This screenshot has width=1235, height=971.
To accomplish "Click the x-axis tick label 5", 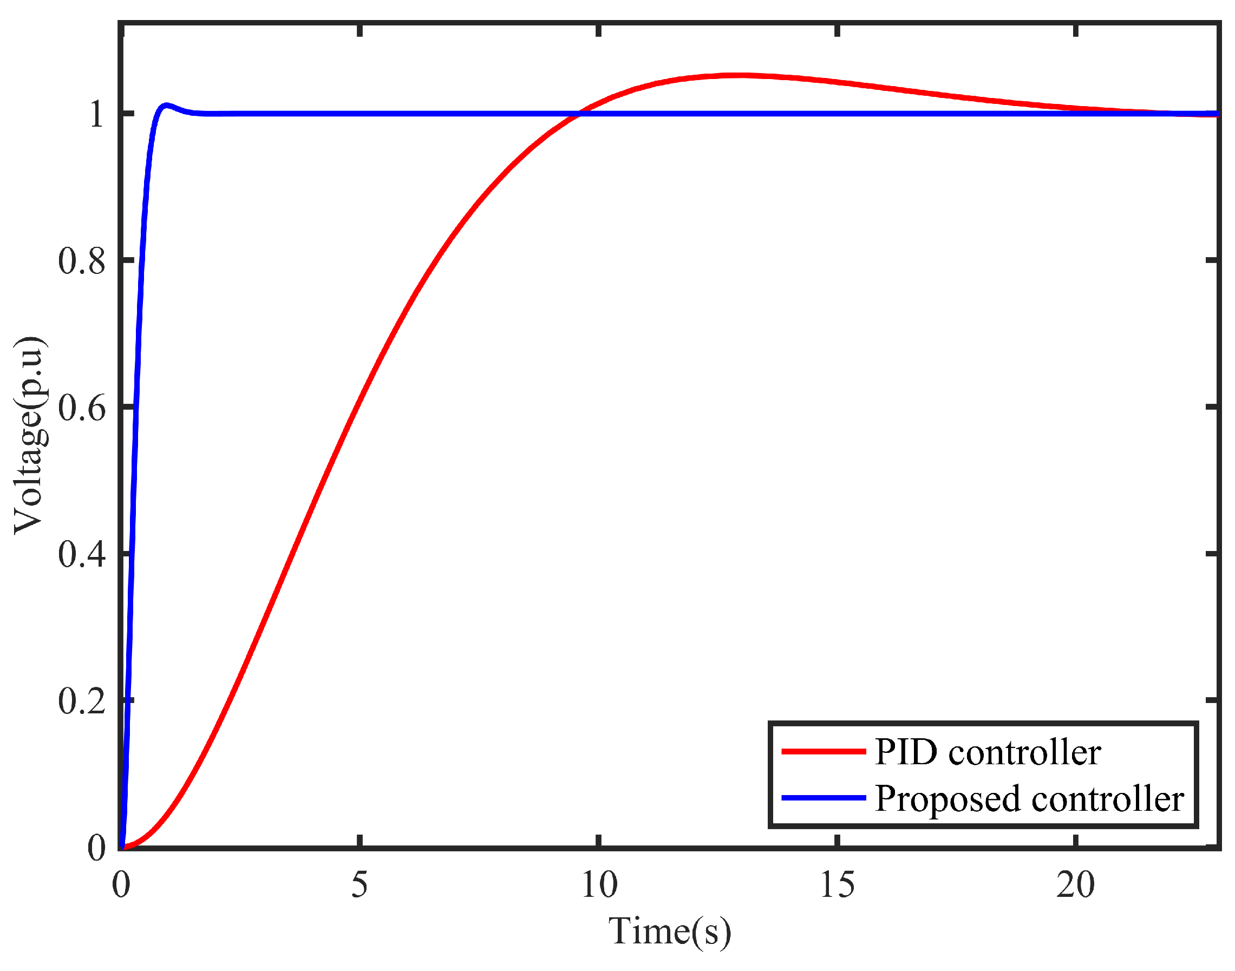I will tap(359, 885).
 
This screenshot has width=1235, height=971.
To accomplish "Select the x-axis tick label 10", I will tap(599, 885).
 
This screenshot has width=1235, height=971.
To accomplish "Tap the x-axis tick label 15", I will tap(837, 885).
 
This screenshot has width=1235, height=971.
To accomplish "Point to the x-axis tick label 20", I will tap(1075, 885).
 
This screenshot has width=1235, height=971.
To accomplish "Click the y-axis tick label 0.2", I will tap(82, 700).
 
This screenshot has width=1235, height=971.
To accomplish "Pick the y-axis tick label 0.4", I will tap(82, 554).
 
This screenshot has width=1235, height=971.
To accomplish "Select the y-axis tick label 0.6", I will tap(82, 408).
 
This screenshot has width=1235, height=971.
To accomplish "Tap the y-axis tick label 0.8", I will tap(82, 261).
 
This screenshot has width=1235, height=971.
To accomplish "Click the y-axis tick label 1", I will tap(97, 114).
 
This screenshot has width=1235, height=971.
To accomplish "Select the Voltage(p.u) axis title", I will tap(30, 436).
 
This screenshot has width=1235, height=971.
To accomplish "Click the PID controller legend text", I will tap(988, 753).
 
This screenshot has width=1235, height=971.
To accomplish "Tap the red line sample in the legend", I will tap(824, 752).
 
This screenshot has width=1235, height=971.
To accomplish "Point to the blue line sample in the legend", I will tap(824, 798).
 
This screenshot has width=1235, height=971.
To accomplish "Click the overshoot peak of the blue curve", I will tap(166, 105).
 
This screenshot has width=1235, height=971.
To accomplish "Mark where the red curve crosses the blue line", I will tap(578, 114).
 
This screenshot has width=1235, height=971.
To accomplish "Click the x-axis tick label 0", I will tap(121, 885).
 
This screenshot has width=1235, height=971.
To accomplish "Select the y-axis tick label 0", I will tap(97, 847).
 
